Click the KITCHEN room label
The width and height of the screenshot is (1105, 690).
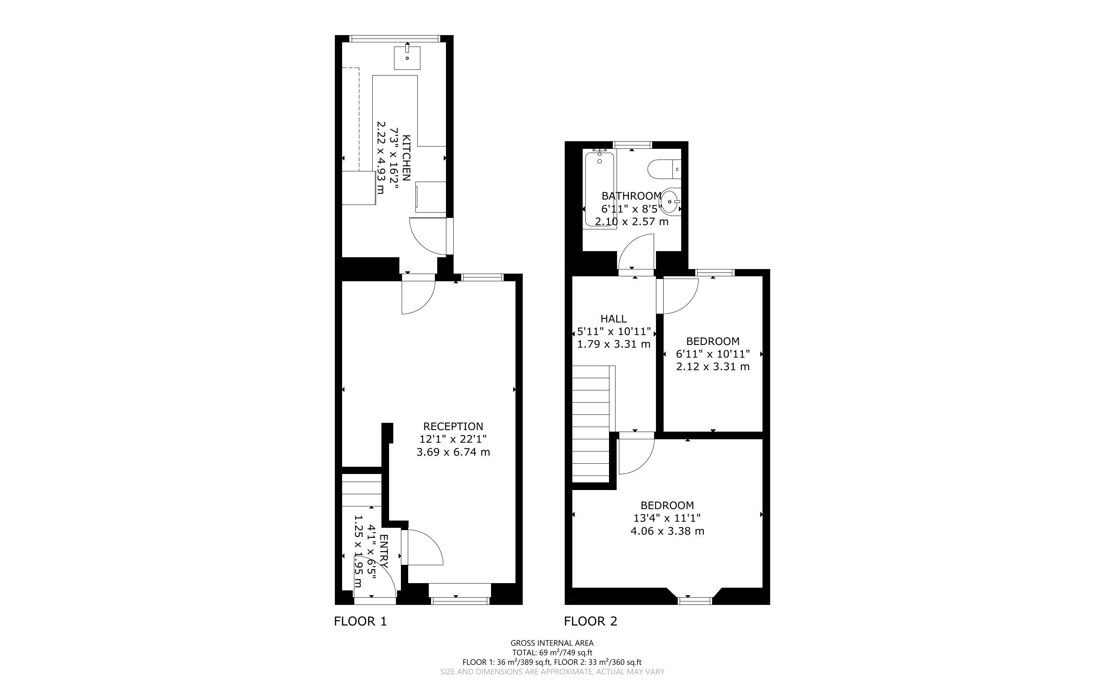407,158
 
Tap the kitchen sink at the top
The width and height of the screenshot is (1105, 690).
407,58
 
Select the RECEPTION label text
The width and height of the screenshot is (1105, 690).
453,426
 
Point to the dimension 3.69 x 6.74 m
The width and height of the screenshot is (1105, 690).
453,452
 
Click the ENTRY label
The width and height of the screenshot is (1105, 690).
384,551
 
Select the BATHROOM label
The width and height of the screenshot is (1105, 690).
631,196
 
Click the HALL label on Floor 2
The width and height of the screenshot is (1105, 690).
614,319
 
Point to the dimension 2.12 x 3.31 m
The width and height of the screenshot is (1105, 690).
712,366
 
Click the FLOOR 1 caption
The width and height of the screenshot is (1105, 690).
360,621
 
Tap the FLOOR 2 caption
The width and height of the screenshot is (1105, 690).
591,621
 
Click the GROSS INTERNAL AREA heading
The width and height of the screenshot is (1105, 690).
552,643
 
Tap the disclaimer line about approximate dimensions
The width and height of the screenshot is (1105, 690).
552,671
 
